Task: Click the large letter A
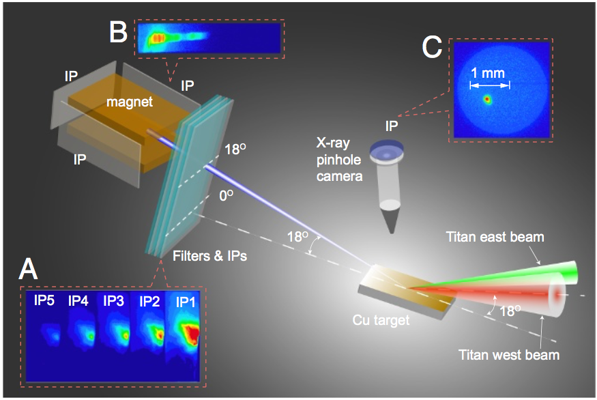[27, 270]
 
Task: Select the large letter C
[432, 48]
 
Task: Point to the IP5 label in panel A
[45, 299]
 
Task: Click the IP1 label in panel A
[188, 300]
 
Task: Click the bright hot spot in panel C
[487, 99]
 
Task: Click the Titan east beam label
[495, 238]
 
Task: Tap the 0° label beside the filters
[225, 197]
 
